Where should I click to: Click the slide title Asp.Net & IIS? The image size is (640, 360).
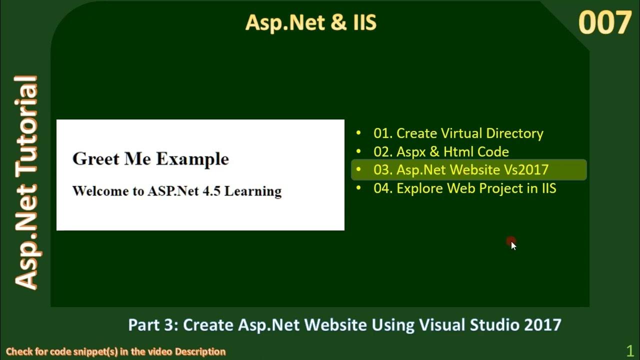click(310, 23)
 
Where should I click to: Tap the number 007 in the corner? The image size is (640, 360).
click(605, 23)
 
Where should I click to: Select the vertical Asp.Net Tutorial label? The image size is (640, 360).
click(26, 182)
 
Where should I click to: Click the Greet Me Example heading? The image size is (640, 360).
click(150, 159)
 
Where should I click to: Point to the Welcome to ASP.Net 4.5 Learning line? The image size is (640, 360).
click(177, 191)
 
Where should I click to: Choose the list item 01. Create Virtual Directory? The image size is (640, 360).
click(458, 133)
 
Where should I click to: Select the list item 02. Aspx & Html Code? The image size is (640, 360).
click(441, 151)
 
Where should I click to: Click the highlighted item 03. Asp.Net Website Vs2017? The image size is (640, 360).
click(460, 170)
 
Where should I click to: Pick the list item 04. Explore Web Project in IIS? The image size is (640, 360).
click(464, 188)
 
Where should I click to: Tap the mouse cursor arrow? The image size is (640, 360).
click(513, 245)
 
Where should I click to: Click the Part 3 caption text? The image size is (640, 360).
click(344, 325)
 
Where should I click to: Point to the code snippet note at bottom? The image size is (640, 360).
click(116, 351)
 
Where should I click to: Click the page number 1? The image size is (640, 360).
click(630, 350)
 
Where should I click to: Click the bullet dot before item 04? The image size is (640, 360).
click(358, 188)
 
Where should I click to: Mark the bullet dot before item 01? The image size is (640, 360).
click(358, 133)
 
